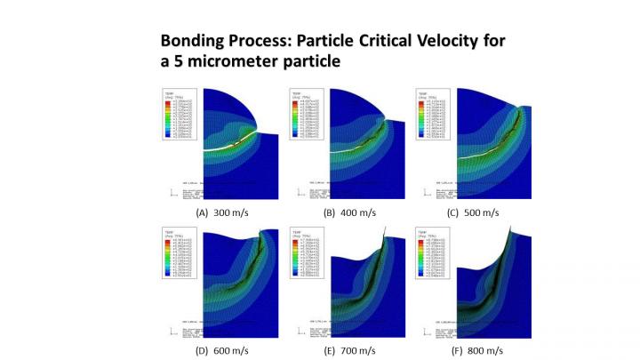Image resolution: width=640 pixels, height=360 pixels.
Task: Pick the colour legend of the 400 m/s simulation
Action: click(308, 115)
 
